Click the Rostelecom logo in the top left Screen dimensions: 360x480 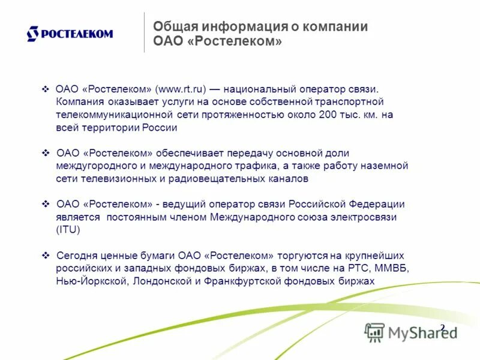[70, 34]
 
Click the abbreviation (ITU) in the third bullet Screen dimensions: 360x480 [68, 230]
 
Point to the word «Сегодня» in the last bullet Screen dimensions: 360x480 [75, 255]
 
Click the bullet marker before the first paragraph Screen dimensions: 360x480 [46, 89]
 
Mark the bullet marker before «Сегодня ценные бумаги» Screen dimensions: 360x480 [46, 255]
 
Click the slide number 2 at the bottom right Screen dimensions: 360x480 [443, 328]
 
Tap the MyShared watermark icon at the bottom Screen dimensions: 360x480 [375, 332]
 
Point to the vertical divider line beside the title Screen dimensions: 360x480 [144, 32]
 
